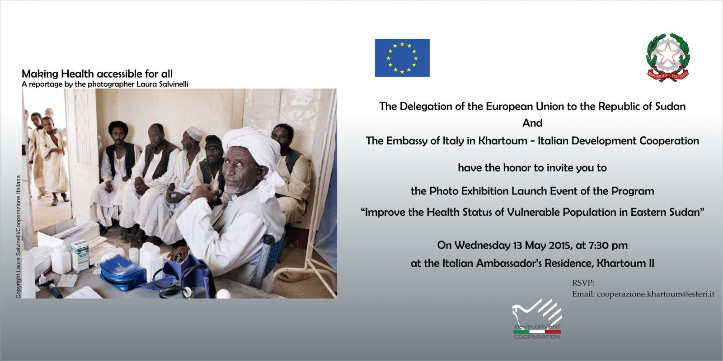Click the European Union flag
pos(402,58)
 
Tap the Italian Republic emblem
pos(668,57)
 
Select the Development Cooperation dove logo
pos(537,319)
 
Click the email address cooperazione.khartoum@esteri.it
pos(656,294)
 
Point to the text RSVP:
pos(583,282)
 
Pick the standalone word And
pos(532,123)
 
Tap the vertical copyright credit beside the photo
pos(19,237)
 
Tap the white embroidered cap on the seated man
pos(194,133)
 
